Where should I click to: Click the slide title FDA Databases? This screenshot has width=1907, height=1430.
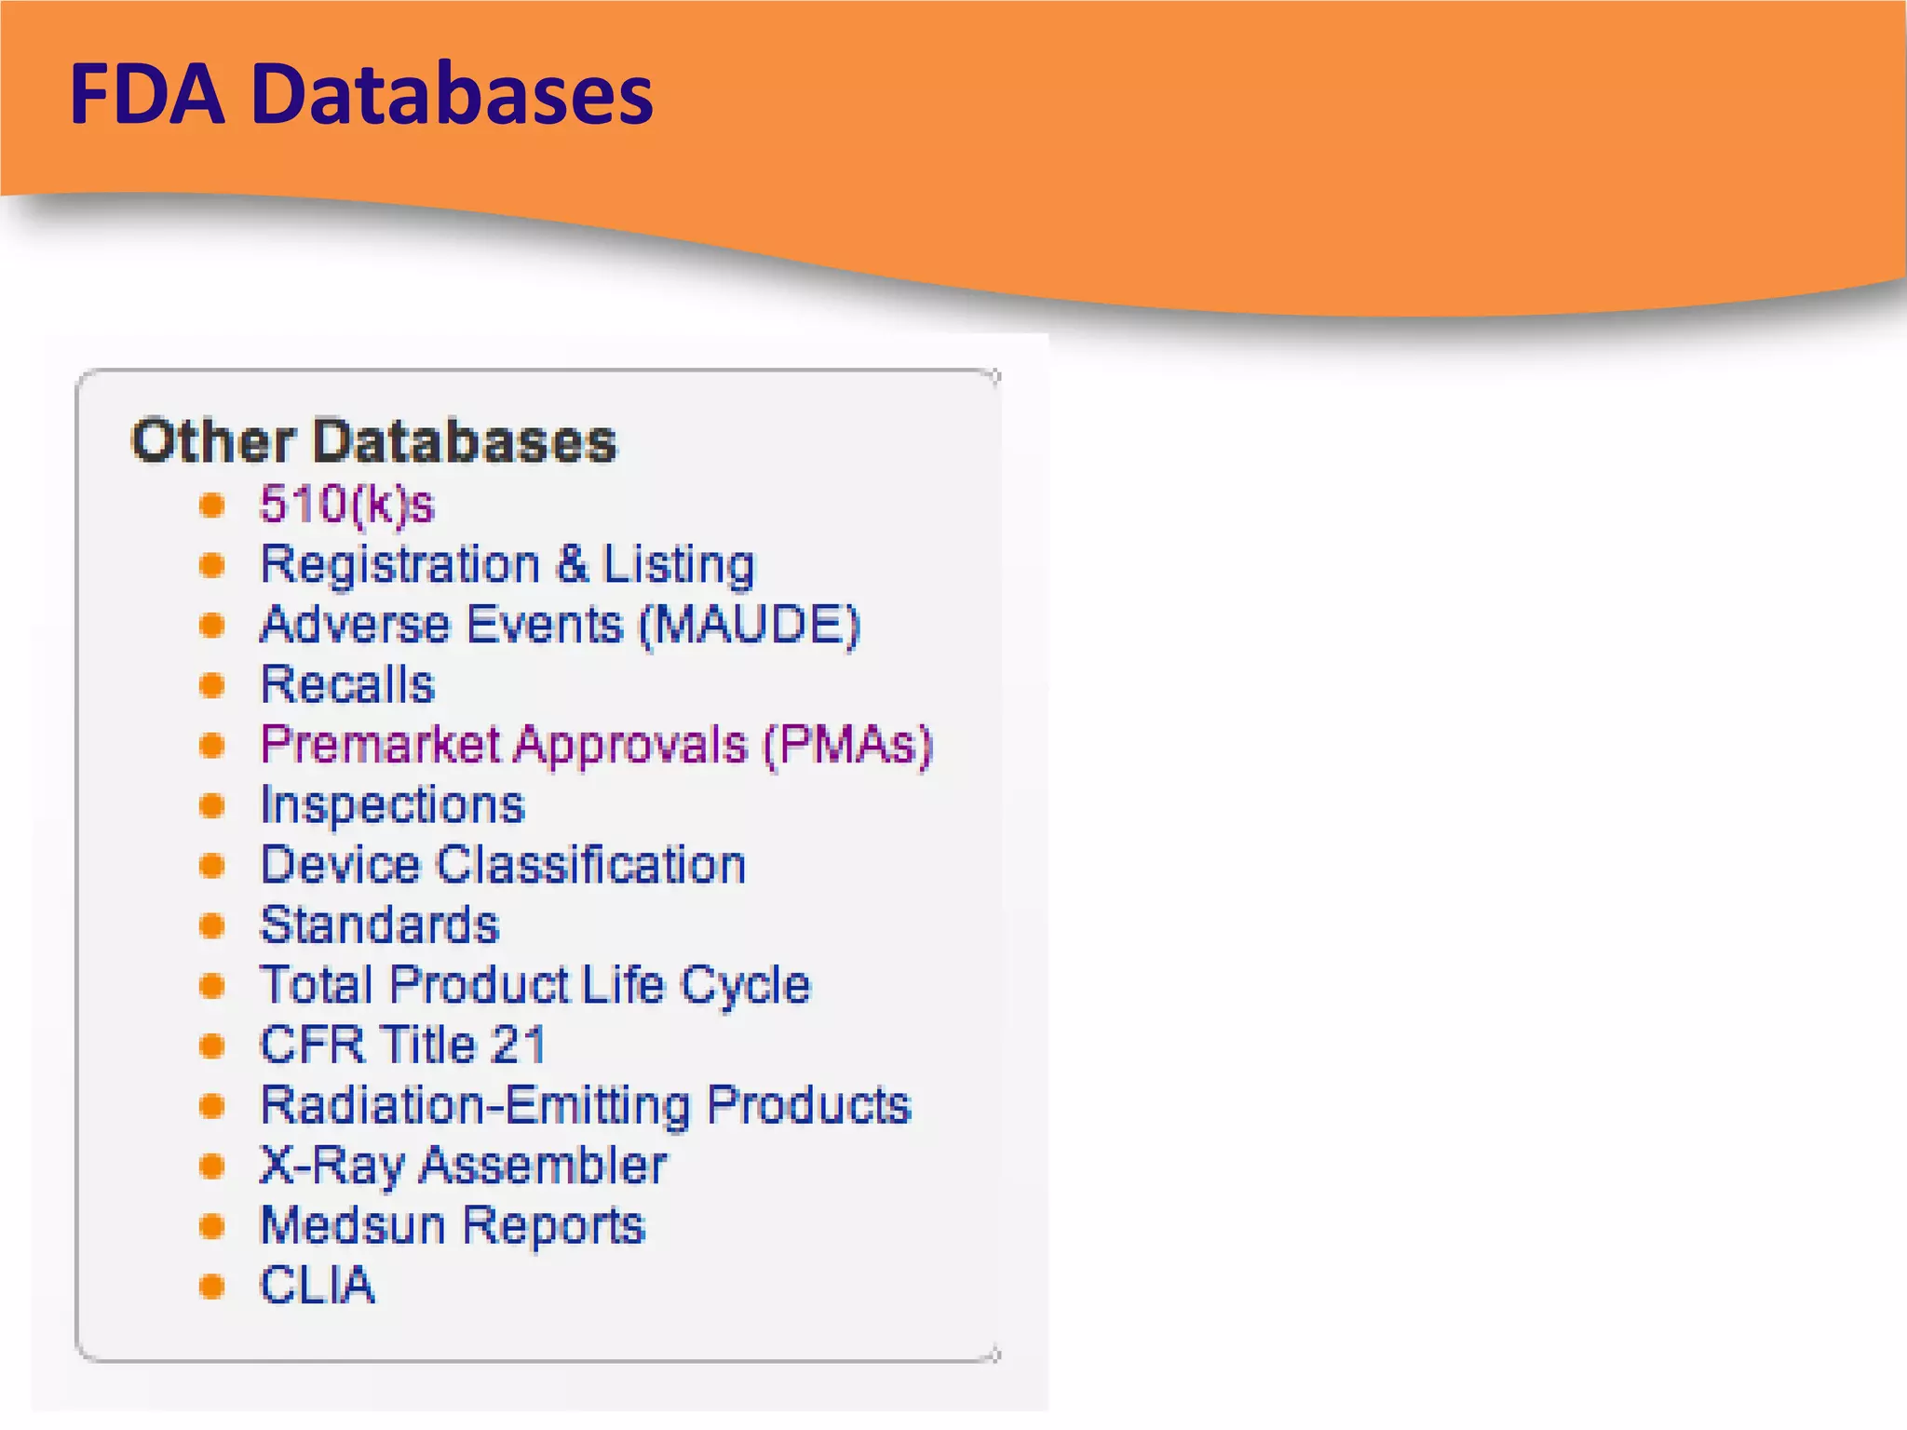pos(361,94)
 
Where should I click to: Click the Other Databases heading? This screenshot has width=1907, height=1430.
pos(373,440)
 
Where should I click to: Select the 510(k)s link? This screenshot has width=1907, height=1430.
pos(346,505)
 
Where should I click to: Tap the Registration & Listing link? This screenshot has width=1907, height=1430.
pos(507,565)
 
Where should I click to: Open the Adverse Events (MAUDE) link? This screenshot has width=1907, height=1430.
pos(560,625)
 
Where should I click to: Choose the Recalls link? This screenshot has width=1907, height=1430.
pos(347,685)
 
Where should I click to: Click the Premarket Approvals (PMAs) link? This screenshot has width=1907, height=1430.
pos(596,745)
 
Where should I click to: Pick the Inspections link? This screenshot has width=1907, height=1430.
pos(392,805)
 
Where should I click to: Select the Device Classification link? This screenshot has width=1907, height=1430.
pos(503,865)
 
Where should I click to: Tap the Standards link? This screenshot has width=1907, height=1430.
pos(379,925)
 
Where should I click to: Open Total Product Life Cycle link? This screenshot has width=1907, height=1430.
pos(534,985)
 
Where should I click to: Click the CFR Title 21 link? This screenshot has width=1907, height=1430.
pos(402,1045)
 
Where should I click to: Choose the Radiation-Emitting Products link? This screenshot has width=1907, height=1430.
pos(585,1105)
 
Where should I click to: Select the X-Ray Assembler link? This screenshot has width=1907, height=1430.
pos(463,1166)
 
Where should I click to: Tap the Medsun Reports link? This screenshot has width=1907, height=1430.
pos(453,1225)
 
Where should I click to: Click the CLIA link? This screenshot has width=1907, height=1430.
pos(317,1286)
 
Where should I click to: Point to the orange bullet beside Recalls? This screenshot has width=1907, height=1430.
pos(212,686)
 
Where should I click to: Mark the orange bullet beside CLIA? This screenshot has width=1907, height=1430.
pos(212,1287)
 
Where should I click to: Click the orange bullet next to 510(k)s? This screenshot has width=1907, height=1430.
pos(212,506)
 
